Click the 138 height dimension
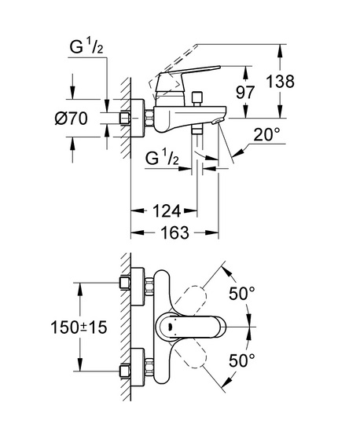tap(280, 82)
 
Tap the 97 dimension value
tap(245, 92)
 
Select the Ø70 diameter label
tap(72, 118)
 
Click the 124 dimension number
tap(167, 210)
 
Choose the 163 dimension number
tap(175, 232)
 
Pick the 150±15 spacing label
tap(79, 327)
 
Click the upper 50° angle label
tap(242, 294)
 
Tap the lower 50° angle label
tap(242, 360)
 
